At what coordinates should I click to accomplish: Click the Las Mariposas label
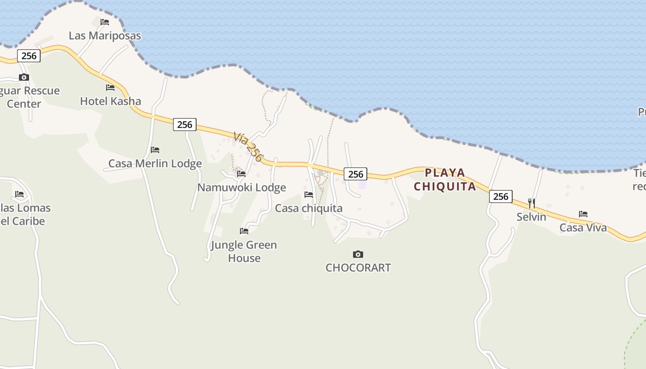coord(105,36)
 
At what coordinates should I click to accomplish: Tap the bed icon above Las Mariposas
coord(105,22)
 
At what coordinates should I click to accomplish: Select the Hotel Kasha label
coord(110,101)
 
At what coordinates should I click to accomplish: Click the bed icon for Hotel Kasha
coord(110,87)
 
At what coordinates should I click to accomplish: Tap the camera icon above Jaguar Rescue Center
coord(24,77)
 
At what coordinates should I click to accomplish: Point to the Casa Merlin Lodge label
coord(155,163)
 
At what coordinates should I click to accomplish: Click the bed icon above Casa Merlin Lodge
coord(155,150)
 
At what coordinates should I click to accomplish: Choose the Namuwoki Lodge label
coord(241,187)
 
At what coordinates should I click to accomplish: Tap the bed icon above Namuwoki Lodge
coord(241,174)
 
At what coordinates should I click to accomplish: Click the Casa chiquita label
coord(309,208)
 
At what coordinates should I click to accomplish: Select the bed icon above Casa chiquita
coord(309,195)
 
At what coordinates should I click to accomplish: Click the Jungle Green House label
coord(244,251)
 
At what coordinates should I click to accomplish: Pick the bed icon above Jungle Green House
coord(244,231)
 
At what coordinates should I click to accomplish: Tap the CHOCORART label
coord(358,268)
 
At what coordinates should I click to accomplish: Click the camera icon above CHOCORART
coord(358,254)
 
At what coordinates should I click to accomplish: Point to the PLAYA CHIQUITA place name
coord(445,179)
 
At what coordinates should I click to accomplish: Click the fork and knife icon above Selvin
coord(532,203)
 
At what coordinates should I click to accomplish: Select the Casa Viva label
coord(583,227)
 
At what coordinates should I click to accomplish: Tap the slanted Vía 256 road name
coord(248,147)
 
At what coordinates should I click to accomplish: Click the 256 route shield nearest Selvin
coord(501,196)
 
